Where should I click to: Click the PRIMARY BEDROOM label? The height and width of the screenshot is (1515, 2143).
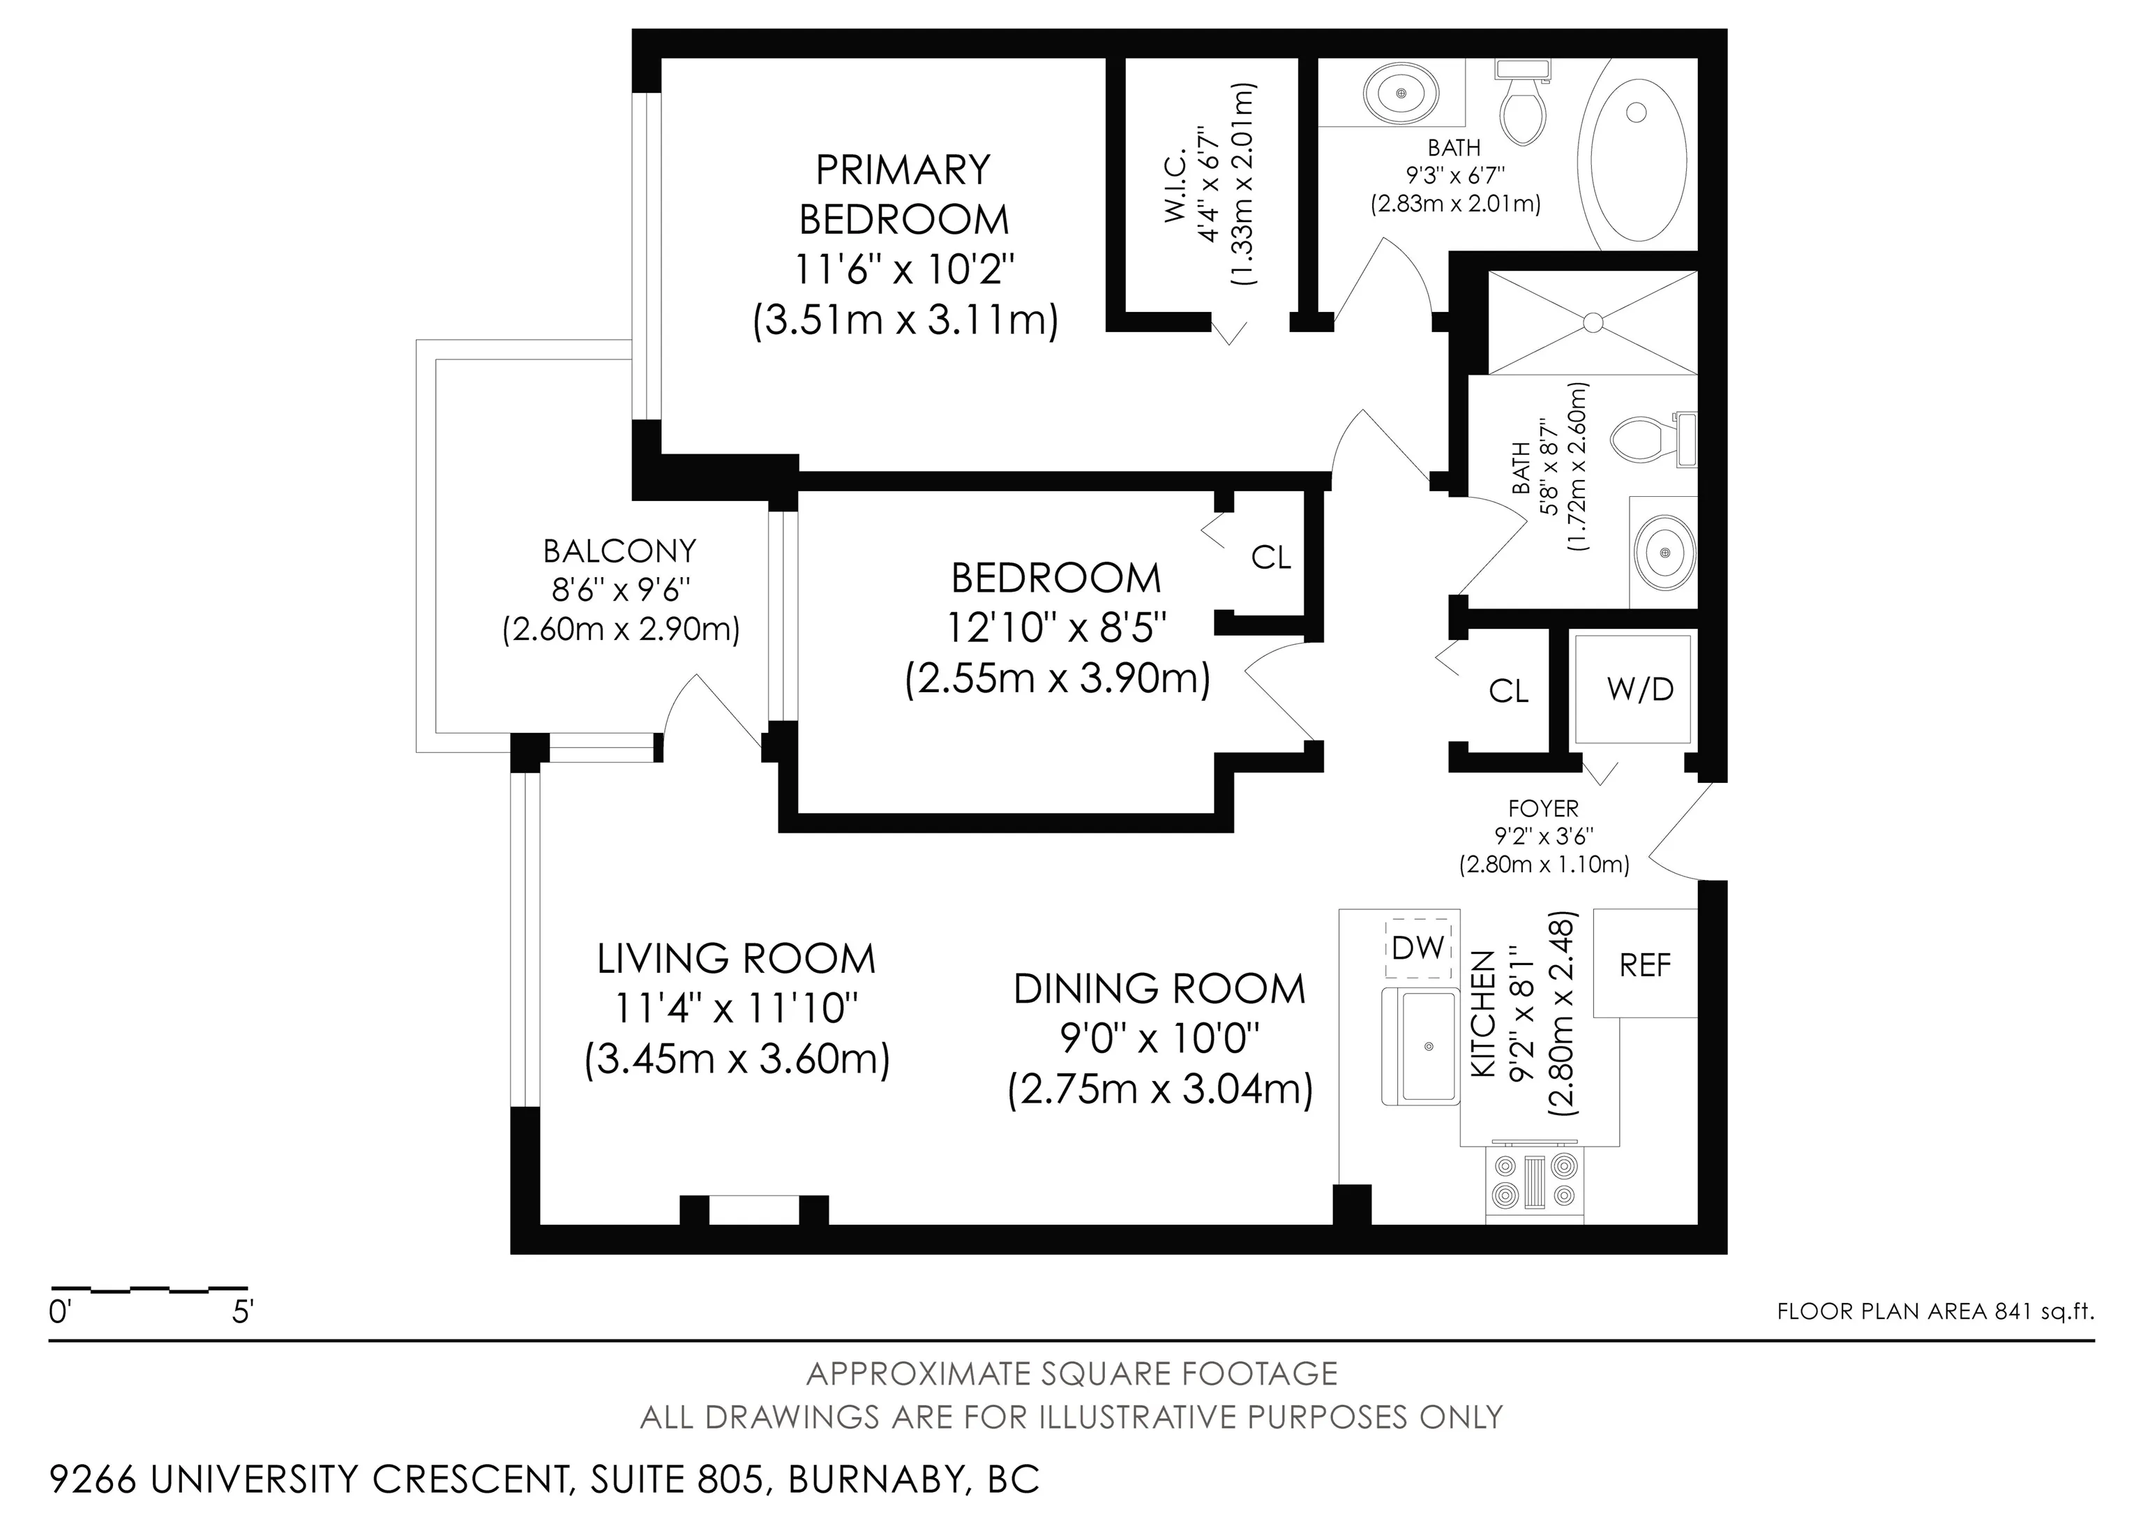click(903, 194)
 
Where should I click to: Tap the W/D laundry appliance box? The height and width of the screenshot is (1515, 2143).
click(1632, 688)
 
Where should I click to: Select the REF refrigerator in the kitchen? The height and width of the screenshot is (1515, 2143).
click(1645, 963)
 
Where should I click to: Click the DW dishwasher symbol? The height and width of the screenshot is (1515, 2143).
click(1418, 948)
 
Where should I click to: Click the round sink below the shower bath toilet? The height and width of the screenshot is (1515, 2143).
click(1665, 553)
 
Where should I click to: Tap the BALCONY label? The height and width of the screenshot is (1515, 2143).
click(619, 551)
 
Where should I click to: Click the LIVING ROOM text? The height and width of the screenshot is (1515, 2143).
click(737, 960)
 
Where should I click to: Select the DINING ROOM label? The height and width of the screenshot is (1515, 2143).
click(1159, 990)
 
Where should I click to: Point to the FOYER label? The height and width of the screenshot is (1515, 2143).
click(1543, 808)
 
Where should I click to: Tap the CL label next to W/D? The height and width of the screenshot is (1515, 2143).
click(1508, 691)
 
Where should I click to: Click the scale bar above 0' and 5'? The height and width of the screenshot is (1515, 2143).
click(149, 1288)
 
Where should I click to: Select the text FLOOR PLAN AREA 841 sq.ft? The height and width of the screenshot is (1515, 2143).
click(1936, 1311)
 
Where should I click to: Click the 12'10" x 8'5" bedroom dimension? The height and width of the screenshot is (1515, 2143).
click(1057, 628)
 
